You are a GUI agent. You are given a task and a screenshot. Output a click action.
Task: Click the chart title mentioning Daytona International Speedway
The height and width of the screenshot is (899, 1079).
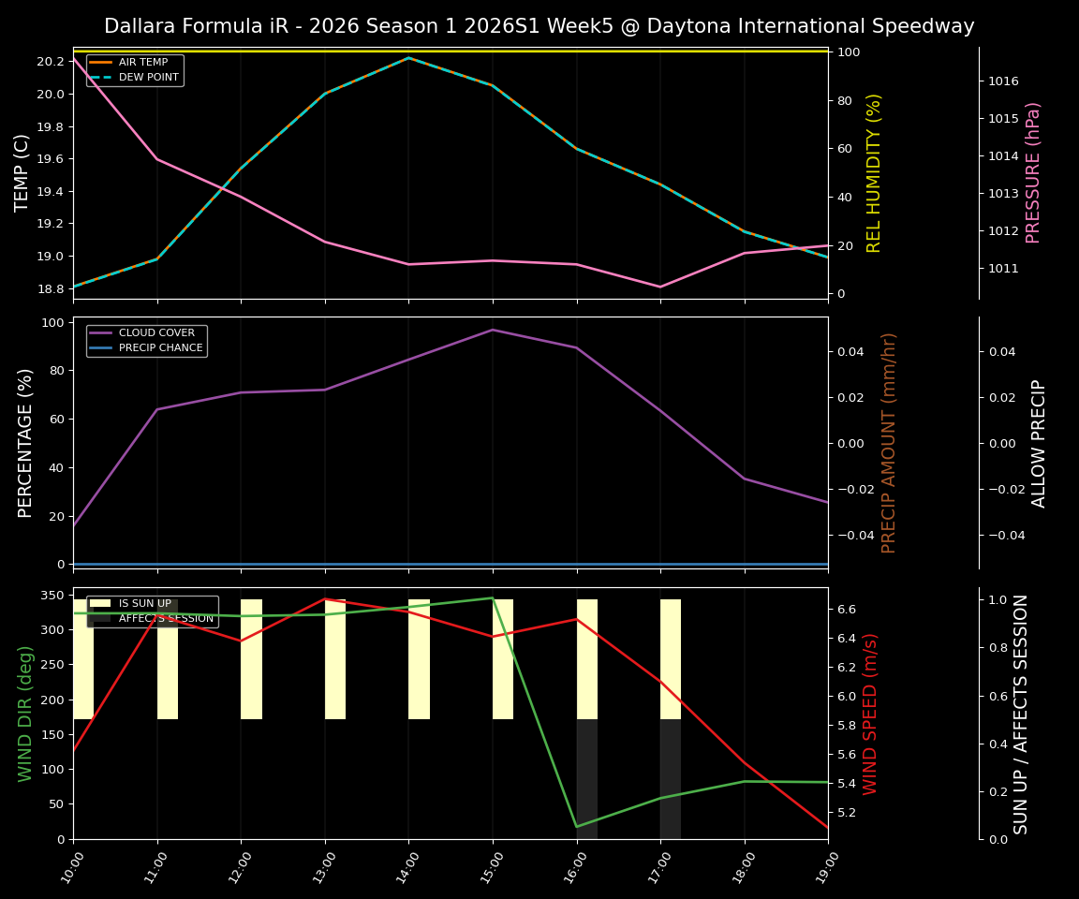tap(539, 26)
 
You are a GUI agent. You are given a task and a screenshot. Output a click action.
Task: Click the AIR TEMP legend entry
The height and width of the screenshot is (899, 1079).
tap(142, 63)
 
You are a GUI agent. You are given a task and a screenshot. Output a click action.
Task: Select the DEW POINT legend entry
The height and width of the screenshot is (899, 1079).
tap(148, 78)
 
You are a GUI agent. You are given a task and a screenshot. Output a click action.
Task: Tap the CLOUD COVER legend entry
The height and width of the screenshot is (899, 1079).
tap(156, 332)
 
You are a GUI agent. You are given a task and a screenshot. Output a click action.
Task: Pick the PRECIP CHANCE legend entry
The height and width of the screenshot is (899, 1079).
tap(160, 347)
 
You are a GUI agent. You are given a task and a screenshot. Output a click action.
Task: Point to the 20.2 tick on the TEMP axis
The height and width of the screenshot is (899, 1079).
tap(51, 62)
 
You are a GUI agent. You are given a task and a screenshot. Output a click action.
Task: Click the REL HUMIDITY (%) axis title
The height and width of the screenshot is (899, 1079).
tap(874, 173)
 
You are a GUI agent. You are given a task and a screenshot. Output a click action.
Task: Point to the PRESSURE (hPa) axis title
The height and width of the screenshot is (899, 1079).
tap(1033, 173)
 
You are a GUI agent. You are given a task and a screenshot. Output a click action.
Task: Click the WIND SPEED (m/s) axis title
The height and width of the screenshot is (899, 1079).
tap(871, 714)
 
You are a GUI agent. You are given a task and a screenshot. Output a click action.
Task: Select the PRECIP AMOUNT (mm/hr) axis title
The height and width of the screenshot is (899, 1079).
tap(889, 443)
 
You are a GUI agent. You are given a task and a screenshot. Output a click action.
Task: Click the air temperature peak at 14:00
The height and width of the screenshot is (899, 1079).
tap(408, 58)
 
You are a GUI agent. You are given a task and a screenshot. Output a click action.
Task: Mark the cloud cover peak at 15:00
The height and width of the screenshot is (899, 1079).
tap(493, 330)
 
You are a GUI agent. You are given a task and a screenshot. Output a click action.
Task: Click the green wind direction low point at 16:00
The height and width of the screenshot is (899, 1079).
tap(577, 826)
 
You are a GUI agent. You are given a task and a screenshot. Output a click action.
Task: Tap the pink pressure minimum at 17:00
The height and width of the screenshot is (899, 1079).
tap(660, 287)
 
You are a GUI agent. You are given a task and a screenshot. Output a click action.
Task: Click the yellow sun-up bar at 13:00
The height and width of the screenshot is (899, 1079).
tap(335, 659)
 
